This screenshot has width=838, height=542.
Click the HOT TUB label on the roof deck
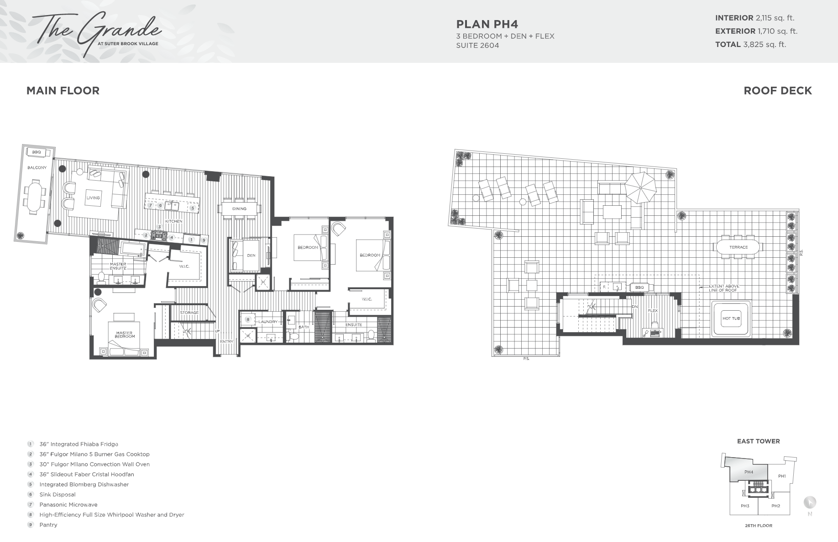pos(731,318)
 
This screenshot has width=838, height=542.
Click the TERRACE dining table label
pos(738,247)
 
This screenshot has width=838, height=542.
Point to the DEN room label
pos(251,255)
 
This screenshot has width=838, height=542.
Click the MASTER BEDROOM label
pos(124,335)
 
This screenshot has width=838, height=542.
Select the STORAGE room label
pos(189,313)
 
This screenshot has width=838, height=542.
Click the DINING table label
pos(239,209)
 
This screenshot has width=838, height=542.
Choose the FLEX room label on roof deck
pos(653,311)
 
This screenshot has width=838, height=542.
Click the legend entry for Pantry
pos(48,525)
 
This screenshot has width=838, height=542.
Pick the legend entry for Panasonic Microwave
pos(68,505)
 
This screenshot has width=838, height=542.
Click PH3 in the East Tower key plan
pos(745,506)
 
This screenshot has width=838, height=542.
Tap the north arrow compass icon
pos(810,503)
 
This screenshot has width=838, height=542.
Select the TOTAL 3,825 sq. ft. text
pos(750,44)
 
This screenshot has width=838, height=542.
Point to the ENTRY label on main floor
pos(226,341)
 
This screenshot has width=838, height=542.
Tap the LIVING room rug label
pos(93,198)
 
